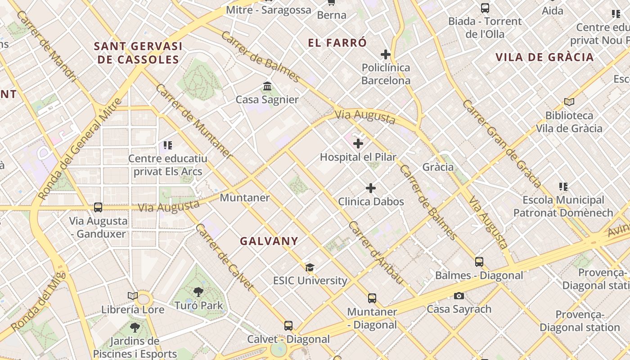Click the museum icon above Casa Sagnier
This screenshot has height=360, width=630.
pos(267,86)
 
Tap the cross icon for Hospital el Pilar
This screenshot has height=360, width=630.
pos(358,144)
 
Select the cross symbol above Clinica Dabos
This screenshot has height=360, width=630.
pos(371,188)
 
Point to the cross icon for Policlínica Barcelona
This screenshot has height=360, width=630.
pos(386,54)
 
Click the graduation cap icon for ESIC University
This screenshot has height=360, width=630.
pos(310,268)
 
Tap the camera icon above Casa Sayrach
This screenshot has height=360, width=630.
pos(459,296)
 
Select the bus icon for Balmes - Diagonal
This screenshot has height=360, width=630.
pos(479,261)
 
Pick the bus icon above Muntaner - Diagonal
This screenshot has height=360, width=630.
pos(372,298)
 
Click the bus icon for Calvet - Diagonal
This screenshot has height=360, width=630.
pos(288,325)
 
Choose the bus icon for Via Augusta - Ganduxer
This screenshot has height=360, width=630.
pos(98,207)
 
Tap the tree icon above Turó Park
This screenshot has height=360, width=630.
pos(198,292)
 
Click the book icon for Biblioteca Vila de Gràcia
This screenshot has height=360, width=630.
pos(569,102)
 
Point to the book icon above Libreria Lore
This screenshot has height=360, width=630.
pos(132,296)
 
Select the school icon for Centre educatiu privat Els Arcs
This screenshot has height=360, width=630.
pos(168,145)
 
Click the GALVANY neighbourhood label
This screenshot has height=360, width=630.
pos(269,241)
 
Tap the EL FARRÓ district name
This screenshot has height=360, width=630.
pos(337,43)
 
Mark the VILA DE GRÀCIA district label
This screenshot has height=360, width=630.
pos(544,57)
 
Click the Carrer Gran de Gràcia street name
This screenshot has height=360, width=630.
pos(501,144)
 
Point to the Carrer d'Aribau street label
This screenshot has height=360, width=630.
pos(376,252)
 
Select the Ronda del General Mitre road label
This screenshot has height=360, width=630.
pos(80,149)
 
